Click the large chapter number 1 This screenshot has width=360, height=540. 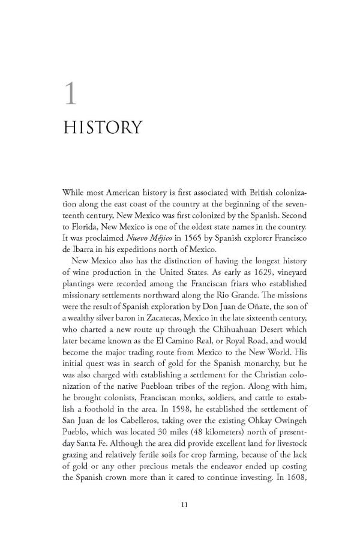71,94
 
